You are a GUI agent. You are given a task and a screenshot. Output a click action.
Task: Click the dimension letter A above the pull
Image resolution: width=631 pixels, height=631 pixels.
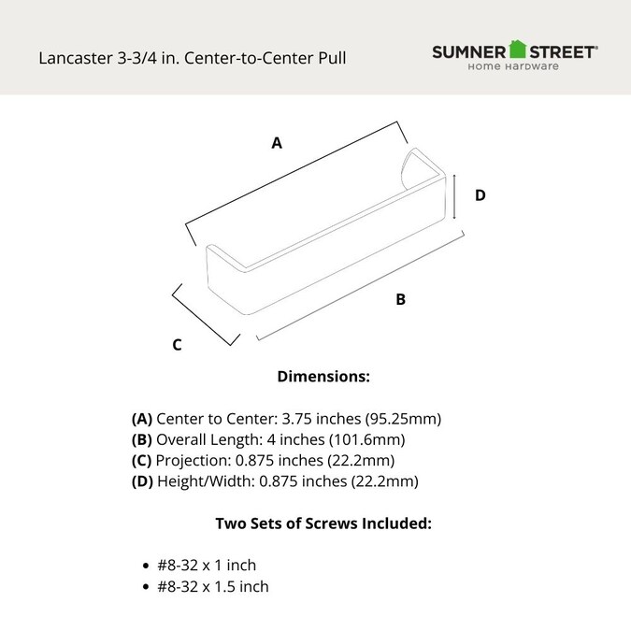coord(277,144)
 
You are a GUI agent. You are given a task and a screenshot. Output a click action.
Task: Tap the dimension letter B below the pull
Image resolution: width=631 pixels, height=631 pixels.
coord(400,300)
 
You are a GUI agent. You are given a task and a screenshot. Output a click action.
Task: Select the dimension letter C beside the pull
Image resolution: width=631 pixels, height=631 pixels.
coord(177,345)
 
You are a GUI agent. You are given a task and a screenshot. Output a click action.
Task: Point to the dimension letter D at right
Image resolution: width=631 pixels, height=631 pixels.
coord(480,195)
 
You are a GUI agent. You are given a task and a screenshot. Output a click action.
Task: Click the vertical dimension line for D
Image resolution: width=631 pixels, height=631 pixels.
coord(454,195)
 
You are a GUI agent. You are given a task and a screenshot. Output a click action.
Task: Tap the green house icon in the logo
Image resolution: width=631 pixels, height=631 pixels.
coord(519,50)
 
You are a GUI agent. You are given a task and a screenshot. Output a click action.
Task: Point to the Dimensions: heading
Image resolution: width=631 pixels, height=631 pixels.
coord(324,377)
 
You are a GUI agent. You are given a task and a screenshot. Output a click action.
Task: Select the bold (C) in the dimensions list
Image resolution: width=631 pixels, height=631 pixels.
coord(142,461)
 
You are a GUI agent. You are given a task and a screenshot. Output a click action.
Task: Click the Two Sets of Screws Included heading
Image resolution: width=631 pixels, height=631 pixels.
coord(323,523)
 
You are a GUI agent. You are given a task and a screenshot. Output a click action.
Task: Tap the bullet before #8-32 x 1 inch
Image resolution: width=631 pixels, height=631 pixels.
coord(146,566)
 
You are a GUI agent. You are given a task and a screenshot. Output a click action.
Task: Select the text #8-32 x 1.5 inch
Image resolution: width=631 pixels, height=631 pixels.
coord(214,587)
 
